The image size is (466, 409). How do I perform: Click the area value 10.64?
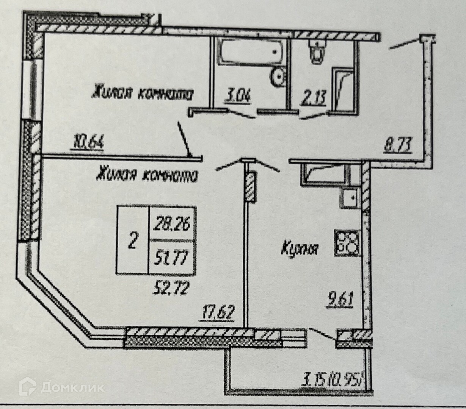coord(87,144)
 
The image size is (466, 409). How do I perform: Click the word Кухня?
coord(300,249)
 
